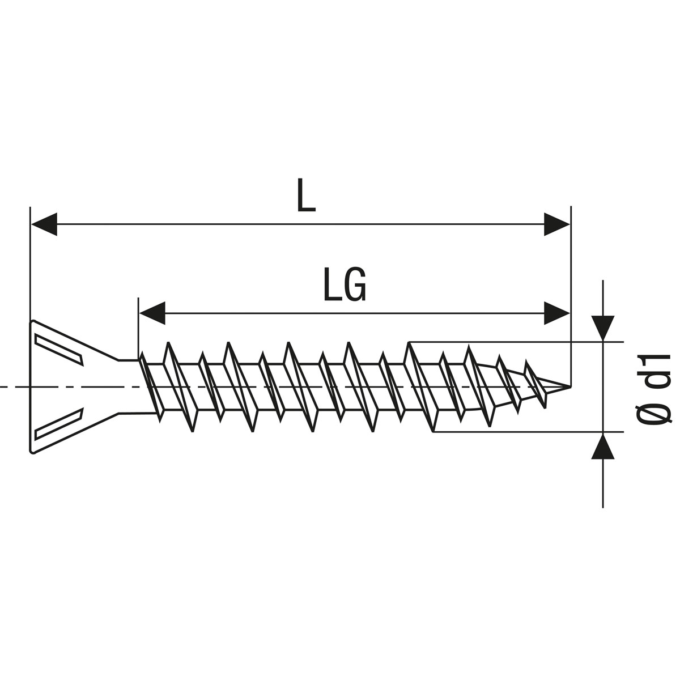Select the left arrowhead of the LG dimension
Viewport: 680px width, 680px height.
tap(152, 313)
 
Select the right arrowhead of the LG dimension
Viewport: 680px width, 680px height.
tap(556, 313)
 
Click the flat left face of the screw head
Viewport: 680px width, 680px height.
tap(30, 387)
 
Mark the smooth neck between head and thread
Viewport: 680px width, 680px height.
tap(129, 387)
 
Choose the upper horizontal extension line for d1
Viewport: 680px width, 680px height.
tap(510, 342)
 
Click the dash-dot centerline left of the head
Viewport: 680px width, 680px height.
tap(14, 387)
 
